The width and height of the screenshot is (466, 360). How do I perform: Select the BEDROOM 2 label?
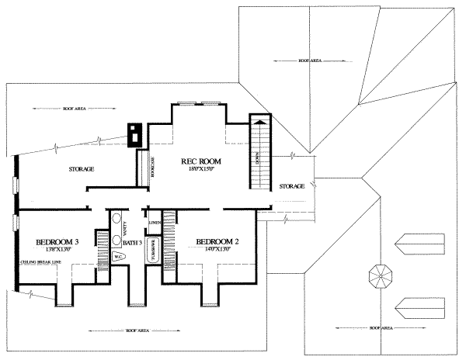(217, 241)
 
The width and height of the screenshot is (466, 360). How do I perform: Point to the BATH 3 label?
(131, 243)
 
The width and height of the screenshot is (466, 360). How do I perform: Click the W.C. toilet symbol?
(120, 256)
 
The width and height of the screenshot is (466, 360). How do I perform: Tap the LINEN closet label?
(155, 223)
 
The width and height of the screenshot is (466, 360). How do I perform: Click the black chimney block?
(135, 135)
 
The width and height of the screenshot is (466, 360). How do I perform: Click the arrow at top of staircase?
(259, 121)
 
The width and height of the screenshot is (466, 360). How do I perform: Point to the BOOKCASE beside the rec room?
(143, 166)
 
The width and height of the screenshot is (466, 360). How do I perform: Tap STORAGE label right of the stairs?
(291, 186)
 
